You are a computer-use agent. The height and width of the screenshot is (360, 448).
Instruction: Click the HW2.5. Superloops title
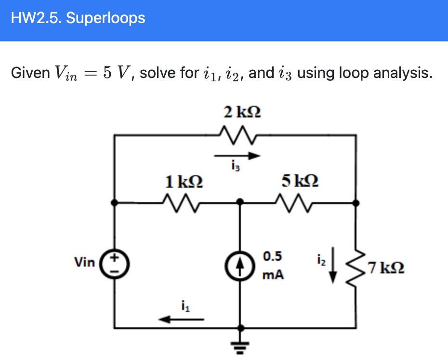tap(78, 18)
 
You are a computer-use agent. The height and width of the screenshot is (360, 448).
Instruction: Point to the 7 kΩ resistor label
tap(385, 267)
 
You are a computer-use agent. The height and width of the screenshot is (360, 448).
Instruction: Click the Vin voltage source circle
tap(115, 264)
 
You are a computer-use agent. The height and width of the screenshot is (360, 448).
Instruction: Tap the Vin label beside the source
tap(85, 262)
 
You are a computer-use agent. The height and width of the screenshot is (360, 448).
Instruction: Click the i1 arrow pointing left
tap(182, 319)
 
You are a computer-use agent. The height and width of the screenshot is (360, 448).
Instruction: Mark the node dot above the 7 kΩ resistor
tap(356, 203)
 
